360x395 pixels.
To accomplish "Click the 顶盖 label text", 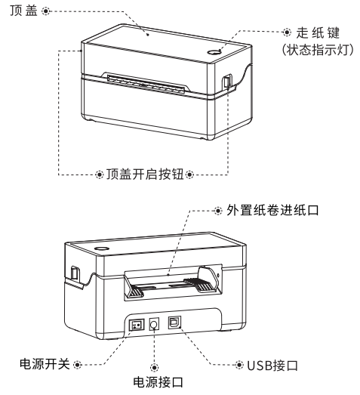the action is pos(23,11).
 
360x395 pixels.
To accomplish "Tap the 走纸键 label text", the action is pos(318,32).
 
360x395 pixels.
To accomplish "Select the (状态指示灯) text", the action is pos(318,50).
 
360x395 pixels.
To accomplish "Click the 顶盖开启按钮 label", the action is pos(145,174).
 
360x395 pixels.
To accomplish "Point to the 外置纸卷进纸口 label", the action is pos(272,210).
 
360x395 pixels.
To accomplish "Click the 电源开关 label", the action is pos(45,364).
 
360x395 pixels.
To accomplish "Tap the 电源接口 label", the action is pos(158,382).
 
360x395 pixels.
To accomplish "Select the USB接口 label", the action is pos(272,366).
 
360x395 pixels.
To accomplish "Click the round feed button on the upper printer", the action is pos(214,52).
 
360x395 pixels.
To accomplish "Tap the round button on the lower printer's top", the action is pos(101,248).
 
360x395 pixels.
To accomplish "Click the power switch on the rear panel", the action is pos(137,325).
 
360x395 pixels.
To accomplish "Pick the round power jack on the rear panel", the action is pos(154,324).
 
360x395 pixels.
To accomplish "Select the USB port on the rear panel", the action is pos(174,322).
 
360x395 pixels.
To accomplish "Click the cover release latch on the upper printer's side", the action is pos(227,82).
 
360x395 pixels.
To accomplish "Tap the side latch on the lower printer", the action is pos(75,273).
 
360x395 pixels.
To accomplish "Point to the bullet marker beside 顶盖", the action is pos(45,11).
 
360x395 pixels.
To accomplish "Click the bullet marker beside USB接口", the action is pos(239,365).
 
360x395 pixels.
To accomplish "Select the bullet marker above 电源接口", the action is pos(154,367).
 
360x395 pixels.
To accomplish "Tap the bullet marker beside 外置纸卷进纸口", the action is pos(218,211).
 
